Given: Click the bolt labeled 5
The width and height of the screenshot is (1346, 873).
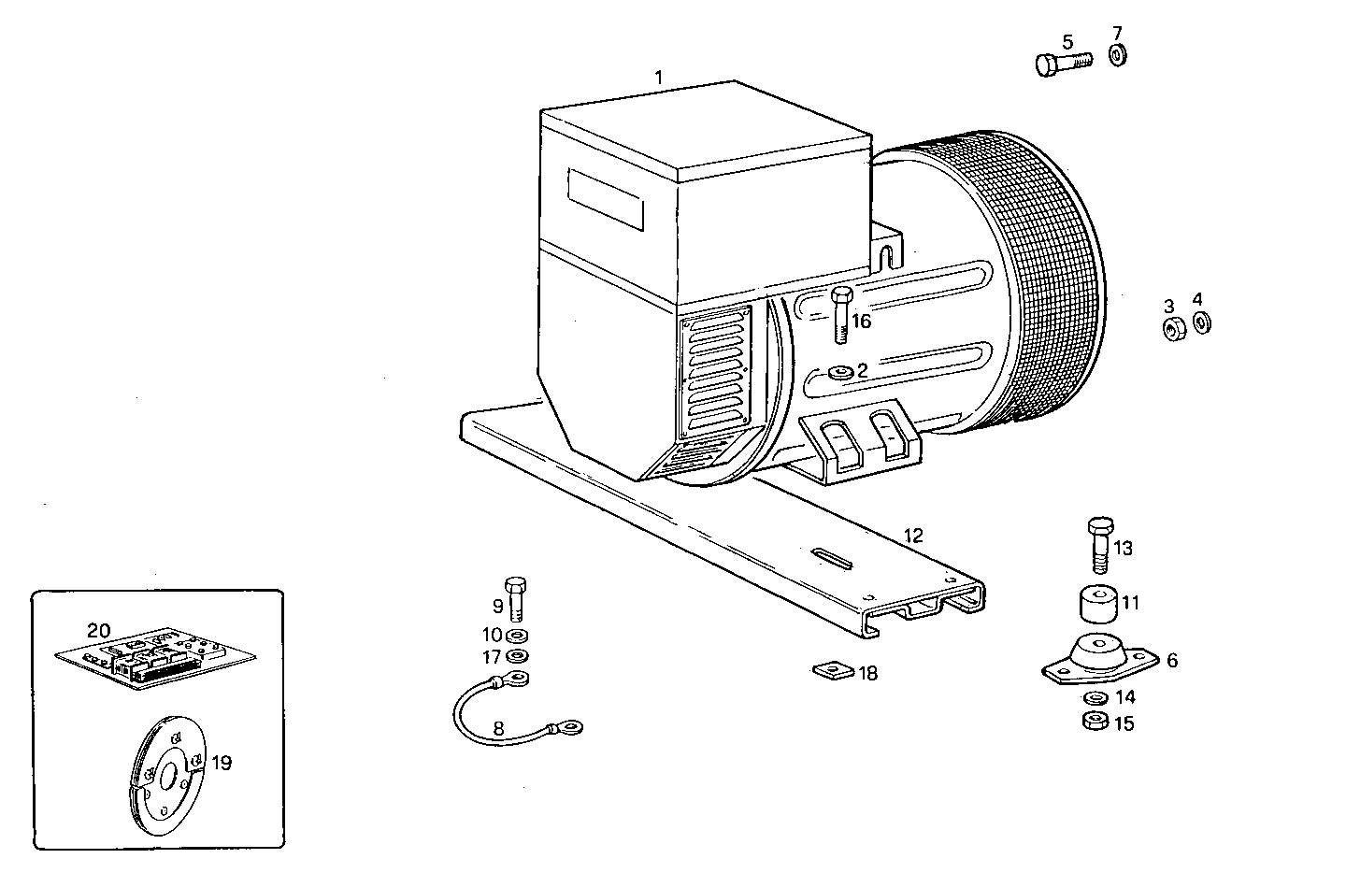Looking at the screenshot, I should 1062,64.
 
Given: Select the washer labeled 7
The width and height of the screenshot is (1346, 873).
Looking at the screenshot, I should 1118,54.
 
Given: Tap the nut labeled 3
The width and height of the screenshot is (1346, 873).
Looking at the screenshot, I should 1174,328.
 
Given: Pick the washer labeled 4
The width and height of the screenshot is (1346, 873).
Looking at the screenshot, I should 1202,323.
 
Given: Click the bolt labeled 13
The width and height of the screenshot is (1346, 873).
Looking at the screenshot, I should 1099,545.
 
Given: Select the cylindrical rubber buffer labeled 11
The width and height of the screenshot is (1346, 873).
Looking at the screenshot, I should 1099,604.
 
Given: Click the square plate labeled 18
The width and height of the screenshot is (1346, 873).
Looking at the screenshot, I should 831,670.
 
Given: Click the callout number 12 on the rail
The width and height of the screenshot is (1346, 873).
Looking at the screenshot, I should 913,536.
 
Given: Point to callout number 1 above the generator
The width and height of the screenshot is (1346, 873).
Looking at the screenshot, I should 659,78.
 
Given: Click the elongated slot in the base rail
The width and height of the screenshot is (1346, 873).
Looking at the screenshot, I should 833,559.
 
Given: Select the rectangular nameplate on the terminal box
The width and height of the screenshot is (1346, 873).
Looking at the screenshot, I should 605,199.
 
